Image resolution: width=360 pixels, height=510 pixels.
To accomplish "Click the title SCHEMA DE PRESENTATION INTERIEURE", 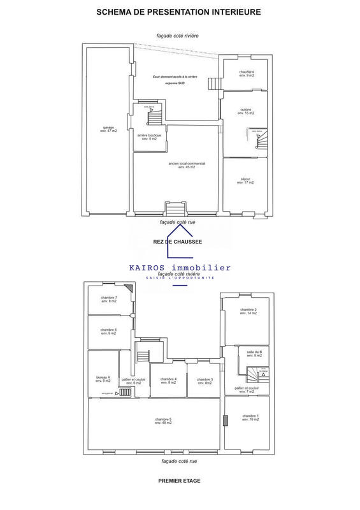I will click(179, 11).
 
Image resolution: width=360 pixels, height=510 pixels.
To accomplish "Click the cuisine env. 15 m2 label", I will click(247, 111).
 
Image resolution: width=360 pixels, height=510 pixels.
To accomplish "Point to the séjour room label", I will click(245, 180).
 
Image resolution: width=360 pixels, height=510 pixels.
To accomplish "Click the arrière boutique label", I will click(150, 136).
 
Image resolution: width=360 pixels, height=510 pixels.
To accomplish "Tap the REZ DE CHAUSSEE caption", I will click(178, 242).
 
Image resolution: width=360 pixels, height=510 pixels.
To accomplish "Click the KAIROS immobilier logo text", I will click(180, 268).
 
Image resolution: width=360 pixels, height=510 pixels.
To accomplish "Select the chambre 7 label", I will click(109, 299).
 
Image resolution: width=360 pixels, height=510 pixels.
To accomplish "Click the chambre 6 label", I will click(109, 331).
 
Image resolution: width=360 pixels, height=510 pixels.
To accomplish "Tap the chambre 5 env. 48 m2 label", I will click(162, 420).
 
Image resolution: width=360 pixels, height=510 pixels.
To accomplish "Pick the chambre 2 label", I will click(248, 312).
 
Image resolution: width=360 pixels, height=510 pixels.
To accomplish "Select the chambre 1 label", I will click(248, 418).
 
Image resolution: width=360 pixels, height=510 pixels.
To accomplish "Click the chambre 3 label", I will click(205, 381).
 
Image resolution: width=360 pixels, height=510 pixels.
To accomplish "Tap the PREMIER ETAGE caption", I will click(179, 481).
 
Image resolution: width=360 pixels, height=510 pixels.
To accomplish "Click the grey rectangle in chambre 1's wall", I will click(226, 419).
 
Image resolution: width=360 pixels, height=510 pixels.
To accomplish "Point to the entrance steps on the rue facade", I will click(173, 208).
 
